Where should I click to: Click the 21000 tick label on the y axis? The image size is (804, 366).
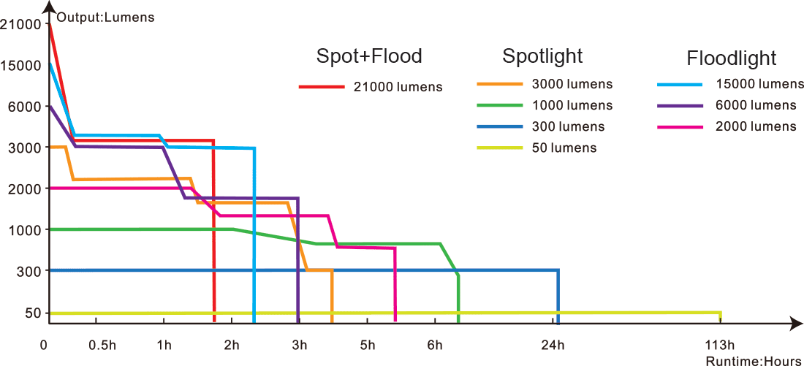20,24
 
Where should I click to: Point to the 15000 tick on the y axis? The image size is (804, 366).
20,65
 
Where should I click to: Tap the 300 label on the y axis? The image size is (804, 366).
26,271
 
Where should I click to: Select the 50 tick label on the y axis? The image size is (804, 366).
30,313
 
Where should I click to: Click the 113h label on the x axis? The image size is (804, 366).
720,345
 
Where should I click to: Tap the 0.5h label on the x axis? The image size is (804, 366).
102,345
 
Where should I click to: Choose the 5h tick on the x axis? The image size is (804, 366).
367,345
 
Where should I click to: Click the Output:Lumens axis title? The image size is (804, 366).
106,18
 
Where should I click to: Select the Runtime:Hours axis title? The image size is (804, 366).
753,360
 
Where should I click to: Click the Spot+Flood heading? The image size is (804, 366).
369,56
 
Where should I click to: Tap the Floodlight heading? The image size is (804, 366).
731,58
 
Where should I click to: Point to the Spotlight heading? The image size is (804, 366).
542,56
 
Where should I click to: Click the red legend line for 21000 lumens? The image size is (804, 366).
322,87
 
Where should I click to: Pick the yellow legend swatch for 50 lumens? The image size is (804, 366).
501,148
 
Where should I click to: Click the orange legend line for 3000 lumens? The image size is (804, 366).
501,84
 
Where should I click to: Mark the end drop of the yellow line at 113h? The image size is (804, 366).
721,316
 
